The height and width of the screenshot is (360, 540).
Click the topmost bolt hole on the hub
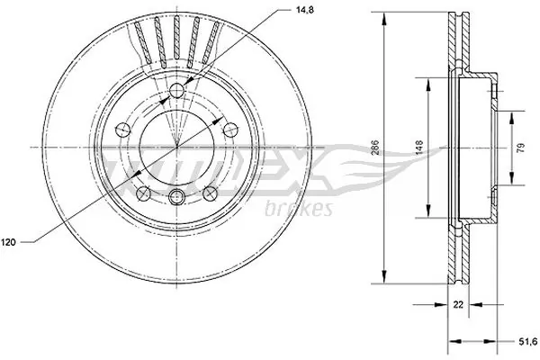pyautogui.click(x=177, y=87)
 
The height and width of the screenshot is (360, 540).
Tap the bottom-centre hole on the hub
pyautogui.click(x=176, y=198)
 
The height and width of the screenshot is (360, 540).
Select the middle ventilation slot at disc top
pyautogui.click(x=177, y=40)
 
